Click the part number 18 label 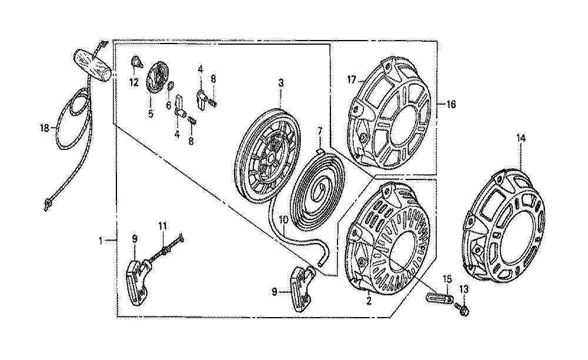tap(45, 128)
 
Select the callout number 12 tap(134, 82)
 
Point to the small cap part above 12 tap(137, 62)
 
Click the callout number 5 tap(151, 114)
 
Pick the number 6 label tap(169, 105)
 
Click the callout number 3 tap(281, 83)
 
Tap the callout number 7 tap(319, 132)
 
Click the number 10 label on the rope tap(283, 220)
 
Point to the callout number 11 tap(162, 226)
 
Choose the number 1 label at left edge tap(101, 241)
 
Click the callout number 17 tap(352, 80)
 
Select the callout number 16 tap(451, 104)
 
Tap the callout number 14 tap(521, 138)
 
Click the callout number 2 tap(369, 301)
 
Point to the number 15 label tap(447, 279)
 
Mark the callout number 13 tap(464, 289)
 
